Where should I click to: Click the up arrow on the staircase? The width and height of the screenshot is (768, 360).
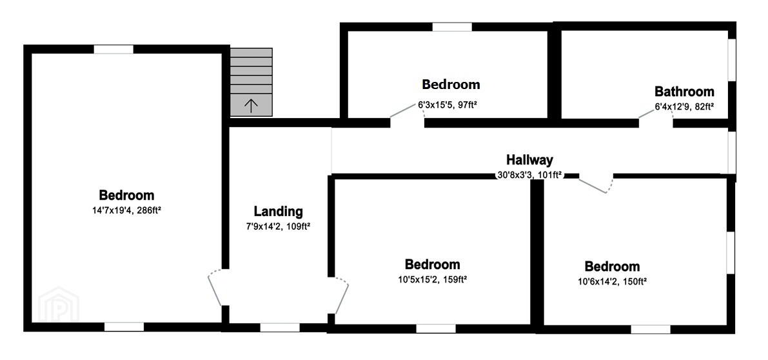point(251,106)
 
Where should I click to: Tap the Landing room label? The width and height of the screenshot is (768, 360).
point(278,212)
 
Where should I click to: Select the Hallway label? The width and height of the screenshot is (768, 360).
point(529,159)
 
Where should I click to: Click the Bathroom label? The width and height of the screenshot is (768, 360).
point(684,92)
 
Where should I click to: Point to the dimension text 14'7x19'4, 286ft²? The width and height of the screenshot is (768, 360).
point(126,210)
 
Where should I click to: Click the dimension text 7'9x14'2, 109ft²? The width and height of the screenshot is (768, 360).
point(278,226)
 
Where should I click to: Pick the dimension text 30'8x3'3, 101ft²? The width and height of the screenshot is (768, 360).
point(529,174)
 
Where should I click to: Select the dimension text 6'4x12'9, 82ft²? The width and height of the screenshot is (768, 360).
point(684,106)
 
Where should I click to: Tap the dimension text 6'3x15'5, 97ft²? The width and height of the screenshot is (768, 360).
point(451,105)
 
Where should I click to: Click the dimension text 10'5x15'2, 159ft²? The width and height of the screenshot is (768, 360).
point(432,279)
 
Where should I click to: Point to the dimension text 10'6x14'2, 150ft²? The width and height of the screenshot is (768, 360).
point(612,281)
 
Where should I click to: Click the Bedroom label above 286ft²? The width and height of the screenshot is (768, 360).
point(126,195)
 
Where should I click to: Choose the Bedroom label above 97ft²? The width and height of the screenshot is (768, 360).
point(451,85)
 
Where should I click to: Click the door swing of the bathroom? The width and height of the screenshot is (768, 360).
point(655,112)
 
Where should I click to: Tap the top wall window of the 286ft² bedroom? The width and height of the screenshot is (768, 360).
point(113,49)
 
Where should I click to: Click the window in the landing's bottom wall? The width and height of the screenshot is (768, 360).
point(280,327)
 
